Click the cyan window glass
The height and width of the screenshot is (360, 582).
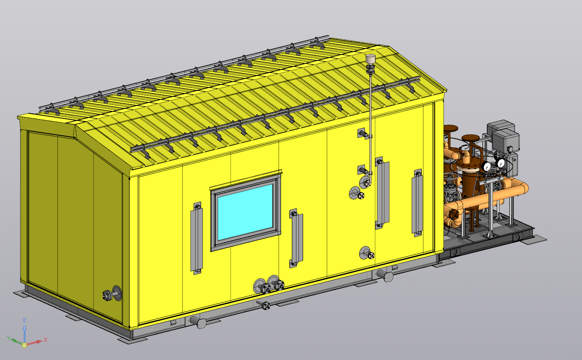pyautogui.click(x=245, y=212)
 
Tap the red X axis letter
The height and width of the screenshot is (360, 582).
pyautogui.click(x=45, y=340)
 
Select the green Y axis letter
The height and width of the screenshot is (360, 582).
pyautogui.click(x=9, y=338)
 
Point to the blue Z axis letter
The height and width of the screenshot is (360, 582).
pyautogui.click(x=25, y=320)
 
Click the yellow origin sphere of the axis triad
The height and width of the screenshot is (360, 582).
pyautogui.click(x=25, y=345)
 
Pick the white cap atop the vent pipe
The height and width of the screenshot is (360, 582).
pyautogui.click(x=370, y=58)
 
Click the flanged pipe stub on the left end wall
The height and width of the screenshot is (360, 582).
pyautogui.click(x=112, y=294)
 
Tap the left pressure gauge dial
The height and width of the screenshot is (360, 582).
pyautogui.click(x=486, y=166)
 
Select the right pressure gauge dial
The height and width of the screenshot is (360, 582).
pyautogui.click(x=500, y=163)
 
